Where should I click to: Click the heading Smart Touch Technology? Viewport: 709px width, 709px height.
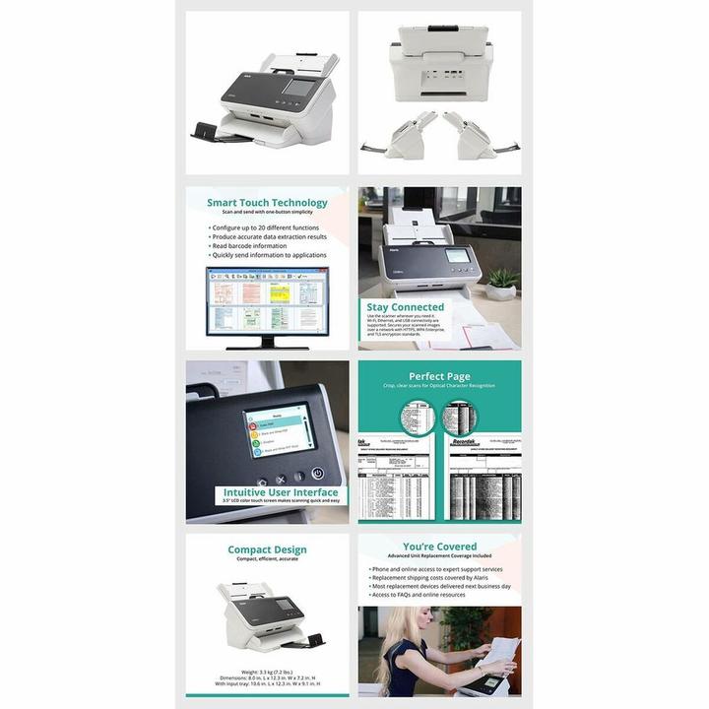(267, 203)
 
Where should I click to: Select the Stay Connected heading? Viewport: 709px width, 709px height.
(405, 307)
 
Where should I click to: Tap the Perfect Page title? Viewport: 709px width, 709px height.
(439, 376)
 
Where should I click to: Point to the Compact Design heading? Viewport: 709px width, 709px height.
(267, 549)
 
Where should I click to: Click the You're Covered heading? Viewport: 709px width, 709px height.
(439, 547)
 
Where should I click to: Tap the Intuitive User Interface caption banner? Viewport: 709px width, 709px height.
(280, 492)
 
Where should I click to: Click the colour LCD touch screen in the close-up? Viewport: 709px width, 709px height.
(278, 430)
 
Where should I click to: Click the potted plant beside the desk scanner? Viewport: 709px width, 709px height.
(502, 282)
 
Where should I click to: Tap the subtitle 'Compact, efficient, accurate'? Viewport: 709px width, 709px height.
(267, 559)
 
